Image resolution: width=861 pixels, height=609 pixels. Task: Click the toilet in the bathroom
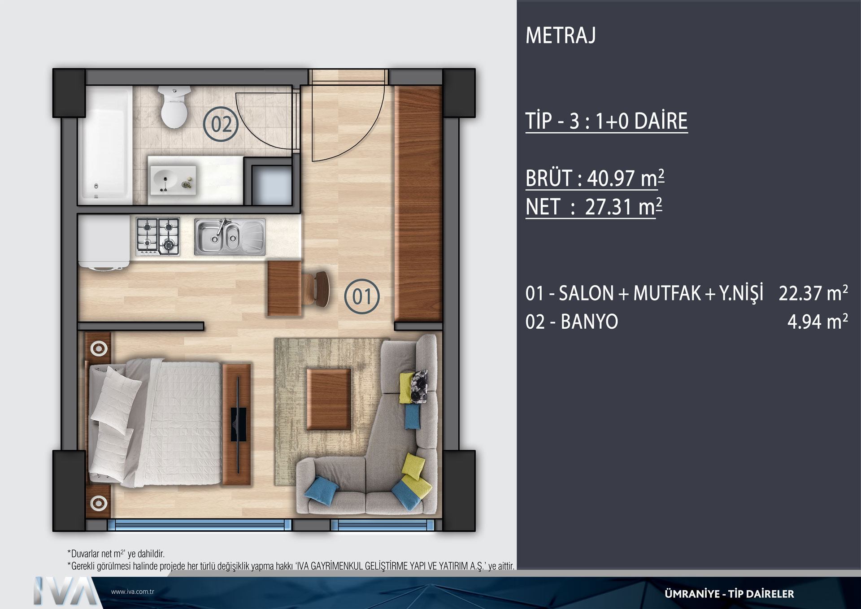(174, 106)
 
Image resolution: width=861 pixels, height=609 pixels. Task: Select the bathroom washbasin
(173, 180)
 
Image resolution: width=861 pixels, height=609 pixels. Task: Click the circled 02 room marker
(221, 124)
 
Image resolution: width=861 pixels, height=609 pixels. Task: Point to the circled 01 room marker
(362, 296)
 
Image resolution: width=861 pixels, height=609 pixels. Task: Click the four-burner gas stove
(158, 236)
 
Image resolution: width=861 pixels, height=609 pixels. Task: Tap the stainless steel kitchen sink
(230, 237)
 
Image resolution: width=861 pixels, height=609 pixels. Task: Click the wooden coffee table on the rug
(329, 400)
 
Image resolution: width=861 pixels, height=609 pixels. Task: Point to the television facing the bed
(238, 424)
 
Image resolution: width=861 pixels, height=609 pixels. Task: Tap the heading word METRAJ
(561, 35)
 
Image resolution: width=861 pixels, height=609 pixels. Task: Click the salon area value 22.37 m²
(813, 293)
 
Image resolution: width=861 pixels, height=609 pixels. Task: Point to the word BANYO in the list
(589, 322)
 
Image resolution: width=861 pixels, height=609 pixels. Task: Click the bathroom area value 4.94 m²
(818, 322)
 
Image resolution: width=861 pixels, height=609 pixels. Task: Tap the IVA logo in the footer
(65, 591)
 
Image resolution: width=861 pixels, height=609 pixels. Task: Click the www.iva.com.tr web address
(133, 592)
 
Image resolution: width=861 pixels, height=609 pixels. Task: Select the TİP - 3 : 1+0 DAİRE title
(606, 121)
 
